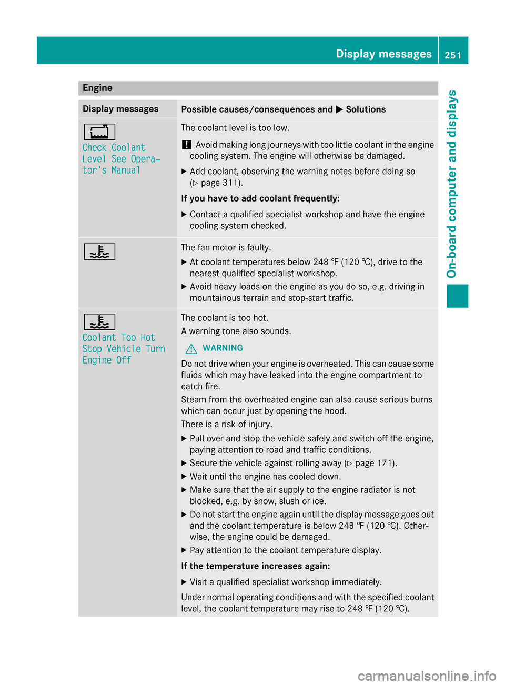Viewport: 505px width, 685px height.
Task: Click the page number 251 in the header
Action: coord(453,55)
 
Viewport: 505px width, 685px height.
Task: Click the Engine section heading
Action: coord(97,88)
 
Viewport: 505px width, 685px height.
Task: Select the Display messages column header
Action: coord(120,109)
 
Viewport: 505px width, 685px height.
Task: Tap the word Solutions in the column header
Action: coord(366,109)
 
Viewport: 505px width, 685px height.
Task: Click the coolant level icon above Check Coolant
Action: coord(99,132)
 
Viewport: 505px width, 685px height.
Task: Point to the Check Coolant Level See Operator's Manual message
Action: coord(121,159)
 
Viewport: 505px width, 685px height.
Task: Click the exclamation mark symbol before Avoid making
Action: coord(186,145)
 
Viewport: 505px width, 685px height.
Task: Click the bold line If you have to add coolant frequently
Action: coord(260,198)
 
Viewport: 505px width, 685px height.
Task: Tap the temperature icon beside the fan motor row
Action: coord(99,252)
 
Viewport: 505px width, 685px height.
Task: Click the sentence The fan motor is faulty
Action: coord(226,247)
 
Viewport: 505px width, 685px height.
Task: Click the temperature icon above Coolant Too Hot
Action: coord(99,321)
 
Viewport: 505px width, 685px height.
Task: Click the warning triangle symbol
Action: coord(191,348)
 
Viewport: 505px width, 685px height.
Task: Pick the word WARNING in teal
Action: coord(223,348)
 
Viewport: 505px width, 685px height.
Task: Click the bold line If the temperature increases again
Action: coord(256,566)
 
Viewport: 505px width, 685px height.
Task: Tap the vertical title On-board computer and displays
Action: coord(452,184)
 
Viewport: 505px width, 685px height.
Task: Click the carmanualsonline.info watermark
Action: coord(427,676)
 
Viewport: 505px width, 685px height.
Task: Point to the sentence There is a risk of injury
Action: coord(227,424)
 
